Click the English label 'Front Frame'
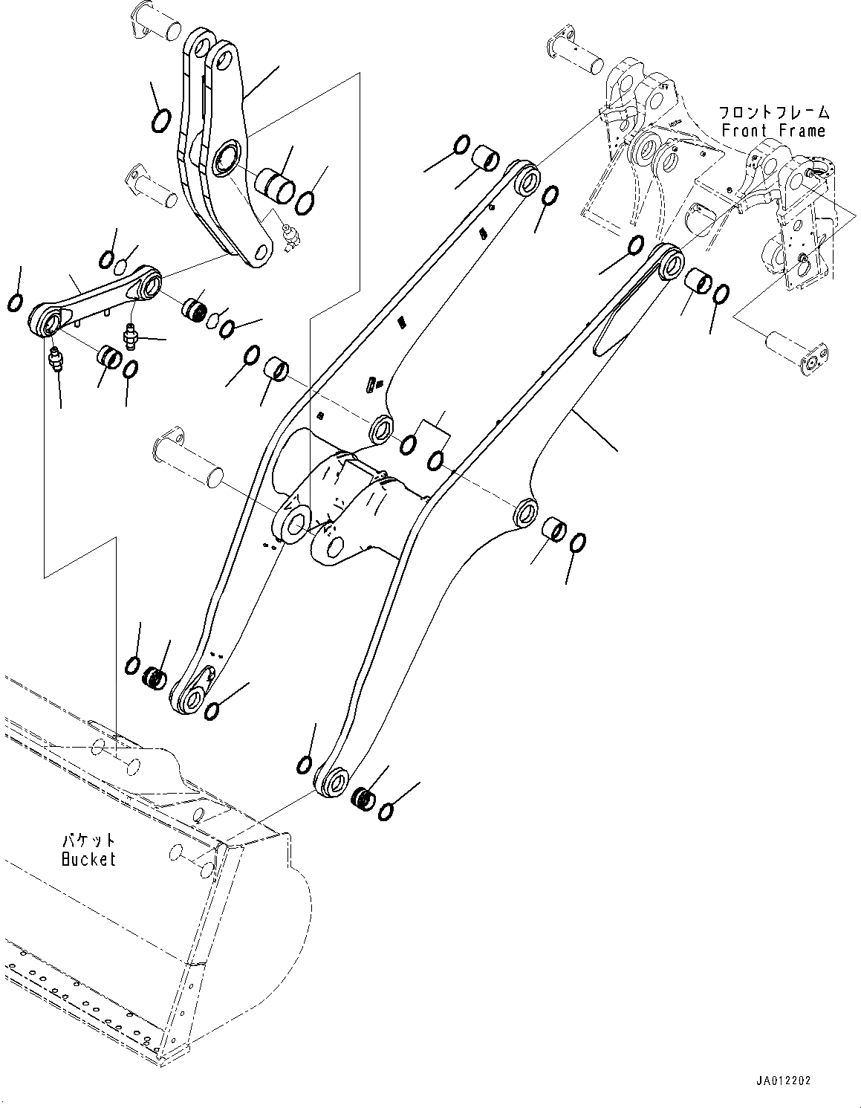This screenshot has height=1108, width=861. [773, 131]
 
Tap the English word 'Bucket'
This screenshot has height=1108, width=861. [88, 859]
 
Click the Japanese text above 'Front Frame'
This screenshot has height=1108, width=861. [773, 113]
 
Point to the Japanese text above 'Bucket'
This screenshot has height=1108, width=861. [88, 840]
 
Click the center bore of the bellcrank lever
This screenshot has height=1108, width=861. [224, 161]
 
